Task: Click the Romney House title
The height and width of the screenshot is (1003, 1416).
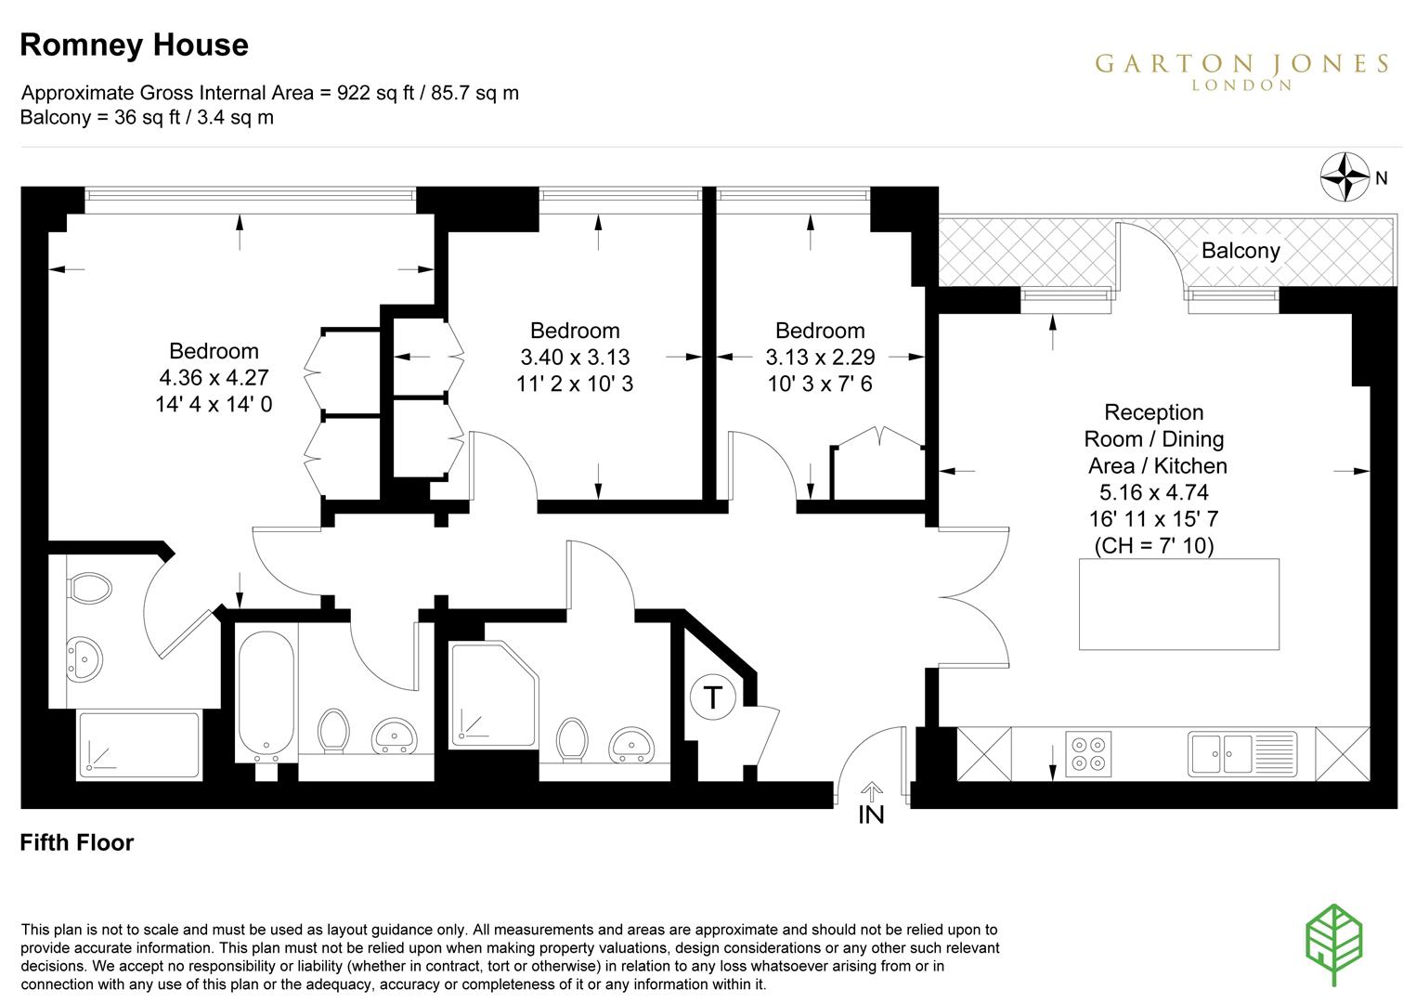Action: pyautogui.click(x=134, y=45)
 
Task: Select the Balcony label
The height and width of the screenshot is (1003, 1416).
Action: pyautogui.click(x=1240, y=251)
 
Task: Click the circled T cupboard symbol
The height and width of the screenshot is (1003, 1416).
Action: pyautogui.click(x=712, y=697)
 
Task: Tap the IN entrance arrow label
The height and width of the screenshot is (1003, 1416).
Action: pyautogui.click(x=871, y=815)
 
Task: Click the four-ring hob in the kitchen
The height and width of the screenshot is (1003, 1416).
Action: pyautogui.click(x=1088, y=753)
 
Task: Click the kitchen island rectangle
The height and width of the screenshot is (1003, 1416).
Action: pyautogui.click(x=1178, y=604)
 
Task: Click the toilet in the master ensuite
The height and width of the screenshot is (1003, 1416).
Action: pyautogui.click(x=89, y=588)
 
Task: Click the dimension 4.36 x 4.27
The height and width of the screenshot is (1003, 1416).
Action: pyautogui.click(x=214, y=377)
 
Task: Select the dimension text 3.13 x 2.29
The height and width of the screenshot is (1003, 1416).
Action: pyautogui.click(x=820, y=357)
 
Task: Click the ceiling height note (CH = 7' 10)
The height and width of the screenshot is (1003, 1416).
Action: pyautogui.click(x=1153, y=545)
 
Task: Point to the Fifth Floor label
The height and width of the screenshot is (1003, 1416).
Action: pyautogui.click(x=77, y=842)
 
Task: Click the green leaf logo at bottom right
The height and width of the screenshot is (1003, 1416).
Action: pyautogui.click(x=1334, y=945)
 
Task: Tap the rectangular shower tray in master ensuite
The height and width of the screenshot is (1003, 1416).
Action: pyautogui.click(x=138, y=744)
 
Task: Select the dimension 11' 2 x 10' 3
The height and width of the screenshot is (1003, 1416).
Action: pyautogui.click(x=575, y=383)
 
